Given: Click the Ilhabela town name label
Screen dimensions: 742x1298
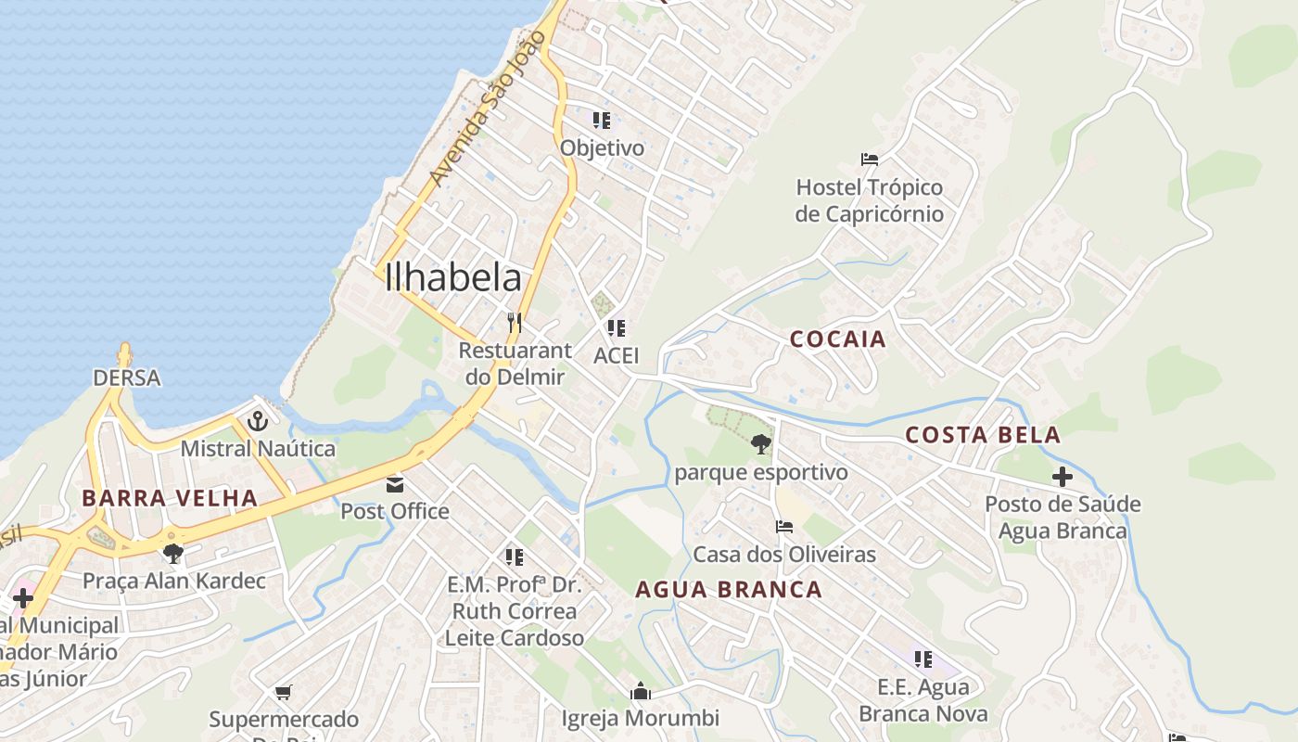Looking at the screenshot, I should coord(453,277).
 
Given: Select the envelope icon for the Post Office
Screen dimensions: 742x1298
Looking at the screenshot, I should coord(396,484).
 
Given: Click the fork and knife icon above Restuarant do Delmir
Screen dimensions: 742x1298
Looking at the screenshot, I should coord(515,323).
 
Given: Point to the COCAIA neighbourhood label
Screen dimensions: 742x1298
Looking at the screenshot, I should coord(838,339).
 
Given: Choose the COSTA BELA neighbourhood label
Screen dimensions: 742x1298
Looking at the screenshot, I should coord(983,435).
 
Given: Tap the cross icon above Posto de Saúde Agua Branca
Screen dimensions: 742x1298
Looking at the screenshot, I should coord(1063,478).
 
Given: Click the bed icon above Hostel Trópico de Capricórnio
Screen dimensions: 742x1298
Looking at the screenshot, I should coord(870,160).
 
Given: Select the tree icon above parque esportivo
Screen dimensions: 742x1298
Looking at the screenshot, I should coord(761,445).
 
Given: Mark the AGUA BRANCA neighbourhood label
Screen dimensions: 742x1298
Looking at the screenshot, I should coord(729,590).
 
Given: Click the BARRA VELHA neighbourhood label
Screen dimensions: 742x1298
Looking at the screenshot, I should coord(169,498).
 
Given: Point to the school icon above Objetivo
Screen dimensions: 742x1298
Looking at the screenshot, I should coord(602,121).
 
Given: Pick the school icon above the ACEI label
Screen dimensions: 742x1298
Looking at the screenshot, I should coord(617,328).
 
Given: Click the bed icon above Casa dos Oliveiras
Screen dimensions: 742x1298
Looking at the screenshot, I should coord(784,527).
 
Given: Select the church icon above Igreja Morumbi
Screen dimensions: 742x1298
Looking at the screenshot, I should coord(640,691).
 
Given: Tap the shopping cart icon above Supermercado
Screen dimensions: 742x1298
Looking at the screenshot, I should coord(284,692).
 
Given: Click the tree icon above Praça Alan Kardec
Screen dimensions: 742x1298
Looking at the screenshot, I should coord(172,554).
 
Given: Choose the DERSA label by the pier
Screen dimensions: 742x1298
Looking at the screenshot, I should coord(127,378).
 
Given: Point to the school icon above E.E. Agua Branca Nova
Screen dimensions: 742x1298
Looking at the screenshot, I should coord(923,659).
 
